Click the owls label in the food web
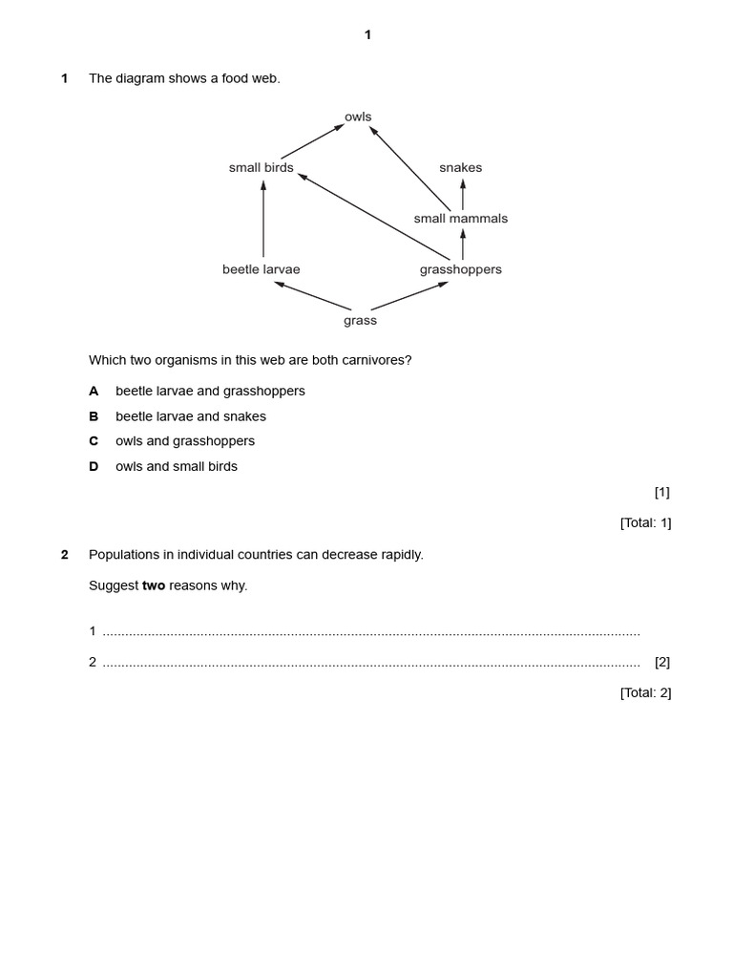(x=358, y=117)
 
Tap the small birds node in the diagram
(x=262, y=168)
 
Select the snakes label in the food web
(x=461, y=168)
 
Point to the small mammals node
(x=461, y=219)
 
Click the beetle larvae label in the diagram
(x=262, y=269)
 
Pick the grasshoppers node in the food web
(x=461, y=269)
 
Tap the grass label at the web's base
(x=361, y=321)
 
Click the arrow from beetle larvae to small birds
(x=263, y=219)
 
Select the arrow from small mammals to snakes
(x=463, y=194)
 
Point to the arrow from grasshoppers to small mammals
(x=463, y=244)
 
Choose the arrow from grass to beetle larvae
(x=312, y=295)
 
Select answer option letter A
(x=94, y=392)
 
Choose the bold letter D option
(x=94, y=467)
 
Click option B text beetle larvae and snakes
(x=191, y=416)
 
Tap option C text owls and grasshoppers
(x=185, y=441)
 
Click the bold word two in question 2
(x=154, y=585)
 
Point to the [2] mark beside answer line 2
(x=662, y=662)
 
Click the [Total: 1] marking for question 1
(x=645, y=522)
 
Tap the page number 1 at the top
(x=367, y=35)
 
